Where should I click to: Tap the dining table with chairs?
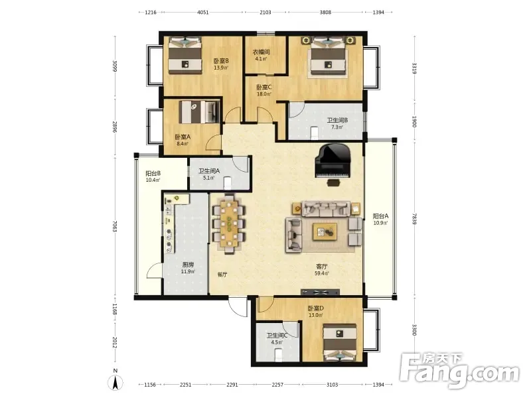click(229, 224)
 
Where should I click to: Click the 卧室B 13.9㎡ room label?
click(221, 64)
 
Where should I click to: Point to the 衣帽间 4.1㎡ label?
click(261, 55)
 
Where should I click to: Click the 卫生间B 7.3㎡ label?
click(337, 123)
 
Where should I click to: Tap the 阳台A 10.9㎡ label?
click(380, 220)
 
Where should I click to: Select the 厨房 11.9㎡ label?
click(188, 268)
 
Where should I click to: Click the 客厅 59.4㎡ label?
click(321, 270)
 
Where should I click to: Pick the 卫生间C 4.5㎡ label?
click(277, 338)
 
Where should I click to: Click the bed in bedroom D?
click(339, 342)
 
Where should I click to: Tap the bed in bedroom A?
click(199, 112)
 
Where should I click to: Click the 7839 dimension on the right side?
click(414, 219)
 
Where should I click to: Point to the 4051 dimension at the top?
click(203, 13)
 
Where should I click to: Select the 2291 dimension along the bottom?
click(232, 385)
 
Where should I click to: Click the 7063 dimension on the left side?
click(115, 226)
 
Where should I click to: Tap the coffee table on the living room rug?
click(325, 232)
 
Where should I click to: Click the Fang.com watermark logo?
click(459, 370)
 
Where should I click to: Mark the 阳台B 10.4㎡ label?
click(153, 176)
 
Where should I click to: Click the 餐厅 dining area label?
click(222, 275)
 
